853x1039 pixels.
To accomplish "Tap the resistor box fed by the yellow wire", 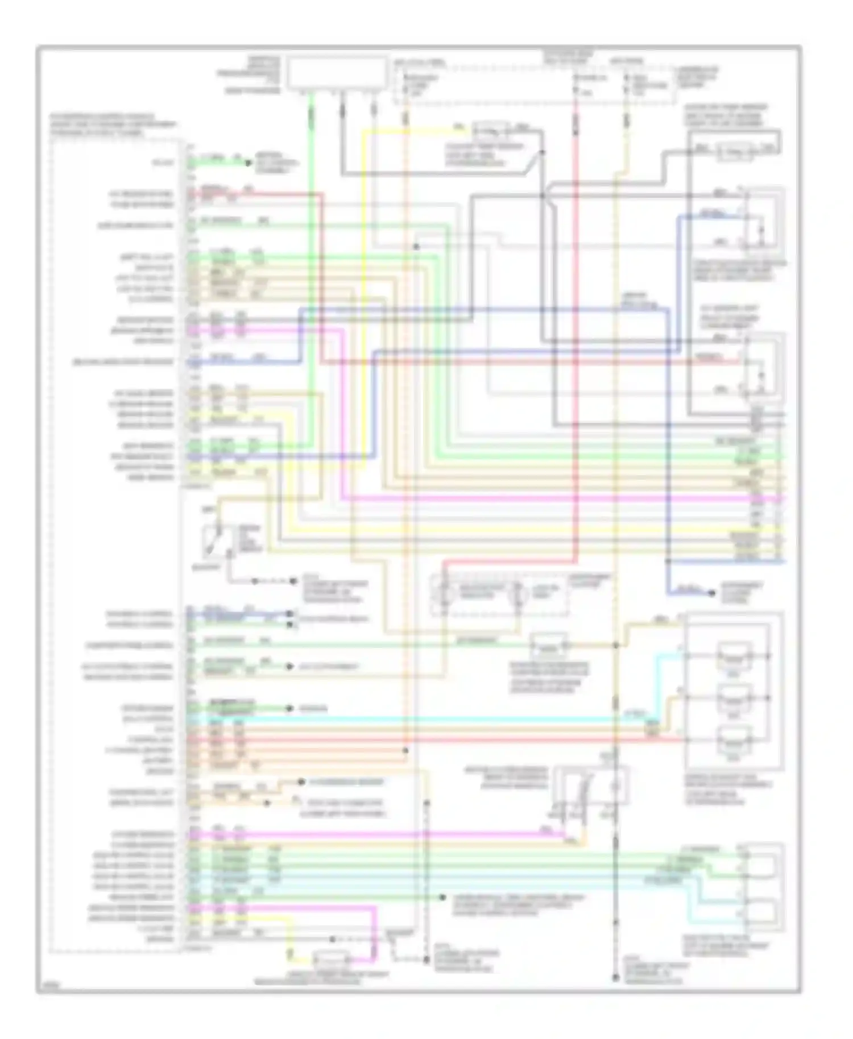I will (x=492, y=132).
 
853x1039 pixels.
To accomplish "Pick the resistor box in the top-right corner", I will (x=734, y=150).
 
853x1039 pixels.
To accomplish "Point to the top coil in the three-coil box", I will (x=734, y=655).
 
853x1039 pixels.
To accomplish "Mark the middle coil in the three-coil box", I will (x=734, y=697).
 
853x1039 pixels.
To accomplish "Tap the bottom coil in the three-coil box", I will (x=734, y=739).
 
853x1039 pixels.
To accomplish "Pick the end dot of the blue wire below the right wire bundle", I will (x=712, y=593).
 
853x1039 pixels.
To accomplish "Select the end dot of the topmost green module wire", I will (x=248, y=163).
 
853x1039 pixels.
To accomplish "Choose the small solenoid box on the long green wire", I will (x=549, y=645).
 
